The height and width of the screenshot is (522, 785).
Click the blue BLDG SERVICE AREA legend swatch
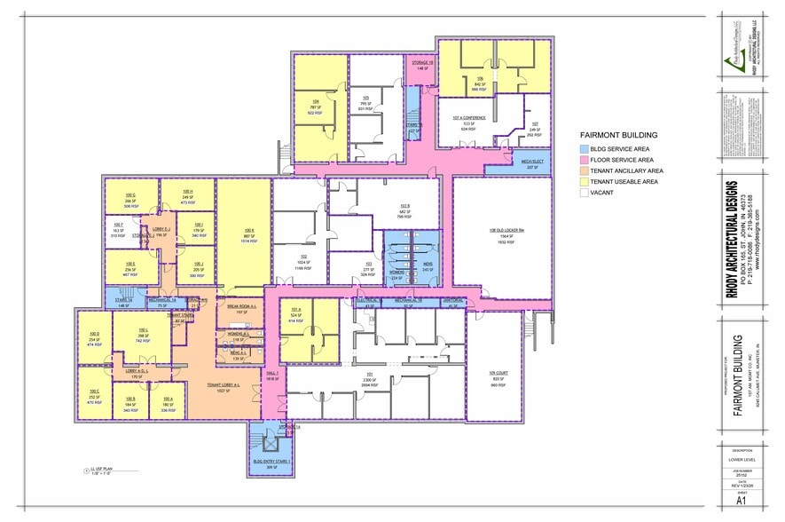point(585,148)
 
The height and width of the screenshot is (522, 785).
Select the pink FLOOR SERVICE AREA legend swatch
point(585,159)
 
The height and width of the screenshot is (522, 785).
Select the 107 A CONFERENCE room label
point(468,118)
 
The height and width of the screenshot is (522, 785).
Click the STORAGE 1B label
point(421,62)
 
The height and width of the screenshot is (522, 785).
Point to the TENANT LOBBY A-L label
point(225,385)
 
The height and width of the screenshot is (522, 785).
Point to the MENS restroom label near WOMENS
point(427,265)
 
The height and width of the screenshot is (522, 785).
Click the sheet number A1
point(740,501)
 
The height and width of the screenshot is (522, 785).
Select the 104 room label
point(315,101)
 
